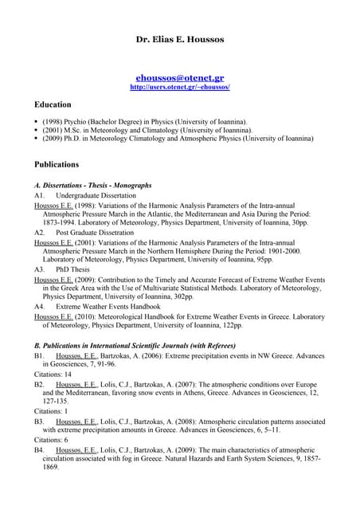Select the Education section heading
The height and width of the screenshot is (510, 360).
(53, 104)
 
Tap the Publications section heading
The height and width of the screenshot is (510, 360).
(57, 164)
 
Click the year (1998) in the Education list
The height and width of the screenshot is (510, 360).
(53, 121)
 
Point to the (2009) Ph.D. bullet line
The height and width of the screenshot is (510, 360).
(167, 138)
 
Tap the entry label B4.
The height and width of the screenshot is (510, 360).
(39, 449)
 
